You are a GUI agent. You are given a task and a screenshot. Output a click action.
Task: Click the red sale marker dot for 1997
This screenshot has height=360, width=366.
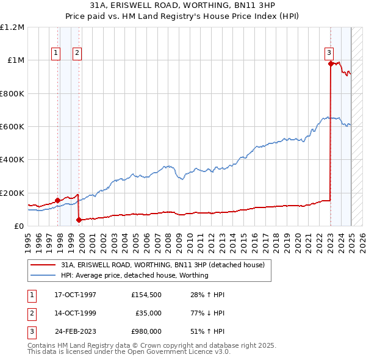[57, 200]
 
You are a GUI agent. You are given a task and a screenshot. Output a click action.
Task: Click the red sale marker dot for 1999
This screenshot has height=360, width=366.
[79, 220]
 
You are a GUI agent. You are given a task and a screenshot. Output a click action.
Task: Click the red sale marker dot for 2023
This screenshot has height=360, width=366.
[330, 63]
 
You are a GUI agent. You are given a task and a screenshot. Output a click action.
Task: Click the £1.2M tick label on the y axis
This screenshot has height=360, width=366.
[12, 27]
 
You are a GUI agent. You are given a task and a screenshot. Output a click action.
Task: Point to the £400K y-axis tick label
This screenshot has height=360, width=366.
[12, 160]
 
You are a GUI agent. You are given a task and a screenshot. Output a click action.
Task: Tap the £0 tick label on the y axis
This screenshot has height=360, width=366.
[18, 226]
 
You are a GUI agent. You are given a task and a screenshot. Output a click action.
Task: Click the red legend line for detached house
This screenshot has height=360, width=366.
[43, 265]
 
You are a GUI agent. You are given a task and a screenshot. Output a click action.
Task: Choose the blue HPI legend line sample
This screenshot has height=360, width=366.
[43, 275]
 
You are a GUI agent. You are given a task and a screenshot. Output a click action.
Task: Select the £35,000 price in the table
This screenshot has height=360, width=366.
[148, 313]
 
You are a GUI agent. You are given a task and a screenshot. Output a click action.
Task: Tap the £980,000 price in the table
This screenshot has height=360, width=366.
[146, 331]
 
